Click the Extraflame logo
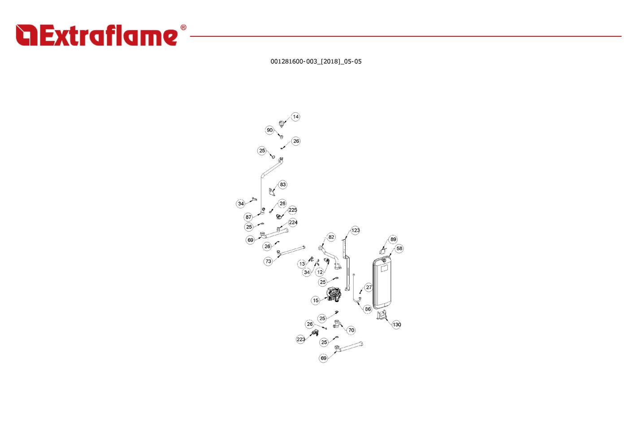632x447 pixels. (x=101, y=35)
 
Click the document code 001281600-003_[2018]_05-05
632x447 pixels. (x=316, y=61)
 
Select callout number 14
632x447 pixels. (x=295, y=117)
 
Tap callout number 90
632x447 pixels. (x=270, y=130)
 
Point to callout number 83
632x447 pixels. (x=283, y=184)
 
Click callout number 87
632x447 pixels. (x=248, y=217)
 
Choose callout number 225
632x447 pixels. (x=293, y=210)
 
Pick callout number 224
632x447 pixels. (x=293, y=222)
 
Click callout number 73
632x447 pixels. (x=268, y=261)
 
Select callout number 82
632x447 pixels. (x=331, y=237)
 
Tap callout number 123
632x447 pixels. (x=355, y=230)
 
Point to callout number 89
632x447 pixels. (x=393, y=239)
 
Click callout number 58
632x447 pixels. (x=399, y=248)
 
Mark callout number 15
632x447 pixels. (x=316, y=300)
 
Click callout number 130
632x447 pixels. (x=396, y=324)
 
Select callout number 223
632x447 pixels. (x=301, y=339)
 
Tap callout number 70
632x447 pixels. (x=351, y=330)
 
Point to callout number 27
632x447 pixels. (x=369, y=287)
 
